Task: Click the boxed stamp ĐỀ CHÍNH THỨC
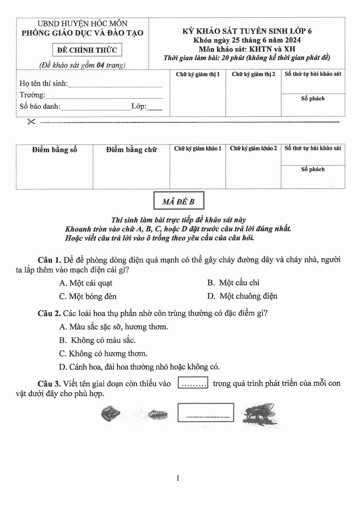pyautogui.click(x=87, y=50)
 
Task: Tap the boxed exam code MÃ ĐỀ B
pyautogui.click(x=179, y=201)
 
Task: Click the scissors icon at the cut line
pyautogui.click(x=31, y=122)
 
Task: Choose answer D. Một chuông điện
pyautogui.click(x=242, y=296)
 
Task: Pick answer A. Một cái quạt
pyautogui.click(x=86, y=283)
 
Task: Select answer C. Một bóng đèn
pyautogui.click(x=88, y=296)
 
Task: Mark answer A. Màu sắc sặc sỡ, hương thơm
pyautogui.click(x=114, y=327)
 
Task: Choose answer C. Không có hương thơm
pyautogui.click(x=103, y=353)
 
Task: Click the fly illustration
pyautogui.click(x=259, y=414)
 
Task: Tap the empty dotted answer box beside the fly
pyautogui.click(x=206, y=412)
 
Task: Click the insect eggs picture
pyautogui.click(x=110, y=414)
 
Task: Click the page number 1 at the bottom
pyautogui.click(x=178, y=478)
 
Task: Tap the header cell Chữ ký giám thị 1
pyautogui.click(x=198, y=74)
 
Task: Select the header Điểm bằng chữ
pyautogui.click(x=131, y=150)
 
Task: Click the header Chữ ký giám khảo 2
pyautogui.click(x=253, y=149)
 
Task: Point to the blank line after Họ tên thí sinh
pyautogui.click(x=115, y=85)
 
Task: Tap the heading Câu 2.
pyautogui.click(x=49, y=313)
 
